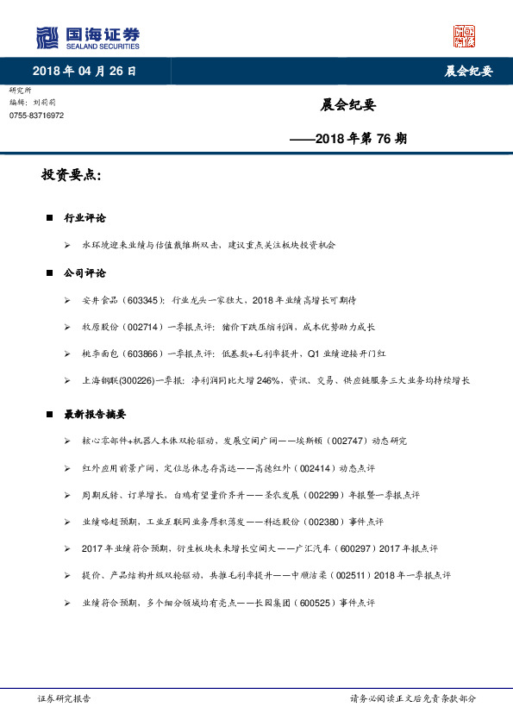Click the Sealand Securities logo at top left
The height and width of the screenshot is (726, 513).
pos(87,38)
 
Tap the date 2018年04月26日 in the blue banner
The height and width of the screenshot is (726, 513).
pos(84,71)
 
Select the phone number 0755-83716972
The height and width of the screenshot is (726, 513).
pos(36,116)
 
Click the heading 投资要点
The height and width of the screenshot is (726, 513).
pos(71,175)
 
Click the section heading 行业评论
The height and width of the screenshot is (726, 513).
pos(84,219)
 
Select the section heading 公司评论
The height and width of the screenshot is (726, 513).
pos(84,273)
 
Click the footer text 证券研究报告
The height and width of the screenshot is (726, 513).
pos(64,698)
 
